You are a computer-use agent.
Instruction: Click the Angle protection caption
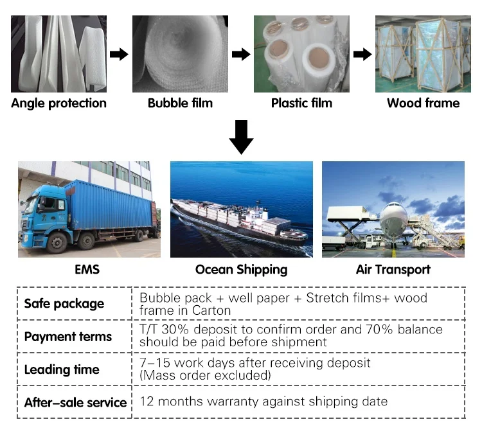[x=58, y=103]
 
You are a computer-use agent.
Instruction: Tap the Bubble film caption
[x=180, y=103]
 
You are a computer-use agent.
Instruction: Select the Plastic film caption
[x=301, y=103]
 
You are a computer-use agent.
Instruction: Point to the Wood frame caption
[x=423, y=103]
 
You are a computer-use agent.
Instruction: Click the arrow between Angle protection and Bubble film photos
[x=119, y=54]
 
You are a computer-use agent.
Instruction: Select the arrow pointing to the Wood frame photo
[x=362, y=54]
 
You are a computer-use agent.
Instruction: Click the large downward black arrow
[x=241, y=137]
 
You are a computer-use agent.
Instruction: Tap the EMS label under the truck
[x=87, y=269]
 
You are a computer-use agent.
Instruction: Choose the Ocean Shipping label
[x=241, y=269]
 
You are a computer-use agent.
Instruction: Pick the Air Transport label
[x=393, y=269]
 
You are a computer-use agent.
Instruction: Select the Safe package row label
[x=64, y=304]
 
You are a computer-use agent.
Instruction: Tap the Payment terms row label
[x=67, y=337]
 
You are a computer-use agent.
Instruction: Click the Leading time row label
[x=62, y=369]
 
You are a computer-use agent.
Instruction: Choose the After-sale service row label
[x=75, y=403]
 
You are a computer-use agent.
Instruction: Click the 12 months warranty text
[x=263, y=402]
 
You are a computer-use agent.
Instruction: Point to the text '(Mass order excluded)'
[x=205, y=375]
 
